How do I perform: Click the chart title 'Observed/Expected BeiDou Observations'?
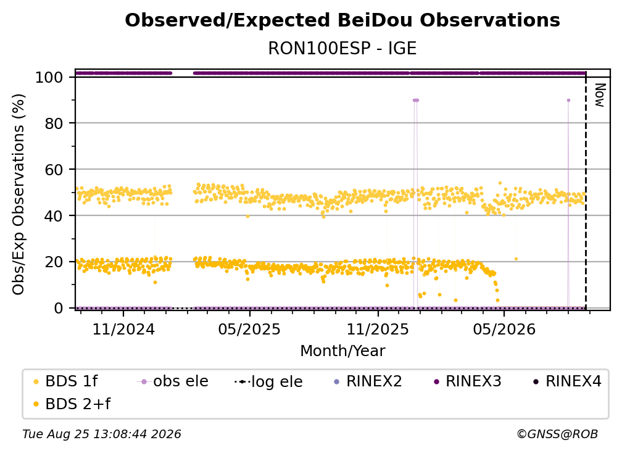click(x=342, y=20)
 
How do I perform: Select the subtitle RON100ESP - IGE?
click(x=342, y=48)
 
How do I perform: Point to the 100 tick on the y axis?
click(x=49, y=77)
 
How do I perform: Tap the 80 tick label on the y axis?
click(x=54, y=123)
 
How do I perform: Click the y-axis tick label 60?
click(x=54, y=170)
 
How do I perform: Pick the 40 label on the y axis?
click(x=54, y=216)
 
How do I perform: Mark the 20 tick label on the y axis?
click(x=54, y=262)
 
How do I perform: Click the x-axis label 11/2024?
click(x=123, y=329)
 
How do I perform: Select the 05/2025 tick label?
click(x=249, y=329)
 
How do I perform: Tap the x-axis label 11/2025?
click(x=378, y=329)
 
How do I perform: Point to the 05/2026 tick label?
click(x=504, y=329)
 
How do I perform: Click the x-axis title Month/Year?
click(x=342, y=351)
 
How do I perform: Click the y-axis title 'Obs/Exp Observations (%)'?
click(x=19, y=194)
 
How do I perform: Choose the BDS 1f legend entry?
click(x=65, y=381)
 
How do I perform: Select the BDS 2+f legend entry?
click(x=72, y=404)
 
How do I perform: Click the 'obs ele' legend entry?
click(x=173, y=381)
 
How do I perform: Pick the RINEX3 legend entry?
click(x=468, y=381)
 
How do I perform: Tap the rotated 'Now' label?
click(x=599, y=95)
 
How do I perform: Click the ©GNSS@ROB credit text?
click(x=557, y=434)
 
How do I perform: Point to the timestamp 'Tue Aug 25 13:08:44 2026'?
click(x=102, y=434)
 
